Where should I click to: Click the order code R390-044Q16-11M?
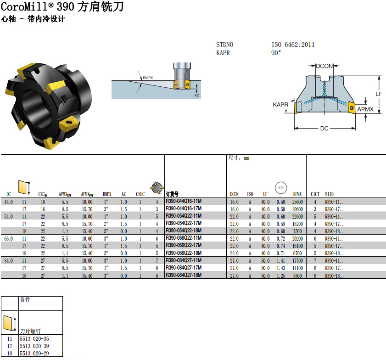click(183, 201)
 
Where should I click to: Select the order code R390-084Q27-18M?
click(183, 275)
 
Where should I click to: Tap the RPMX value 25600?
click(297, 202)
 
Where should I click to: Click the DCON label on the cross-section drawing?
click(324, 66)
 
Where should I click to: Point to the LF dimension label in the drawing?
click(379, 94)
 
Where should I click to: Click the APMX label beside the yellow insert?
click(365, 109)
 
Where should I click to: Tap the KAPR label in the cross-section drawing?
click(280, 105)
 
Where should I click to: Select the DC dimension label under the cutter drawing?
click(324, 129)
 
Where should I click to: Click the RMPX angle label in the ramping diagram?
click(148, 78)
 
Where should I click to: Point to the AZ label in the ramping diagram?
click(196, 95)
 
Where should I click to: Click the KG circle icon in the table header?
click(280, 187)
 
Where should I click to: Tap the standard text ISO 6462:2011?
click(293, 45)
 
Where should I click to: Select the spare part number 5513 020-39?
click(34, 346)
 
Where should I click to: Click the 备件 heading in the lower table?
click(25, 300)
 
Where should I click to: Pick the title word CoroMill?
click(27, 8)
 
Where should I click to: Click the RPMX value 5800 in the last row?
click(297, 275)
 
